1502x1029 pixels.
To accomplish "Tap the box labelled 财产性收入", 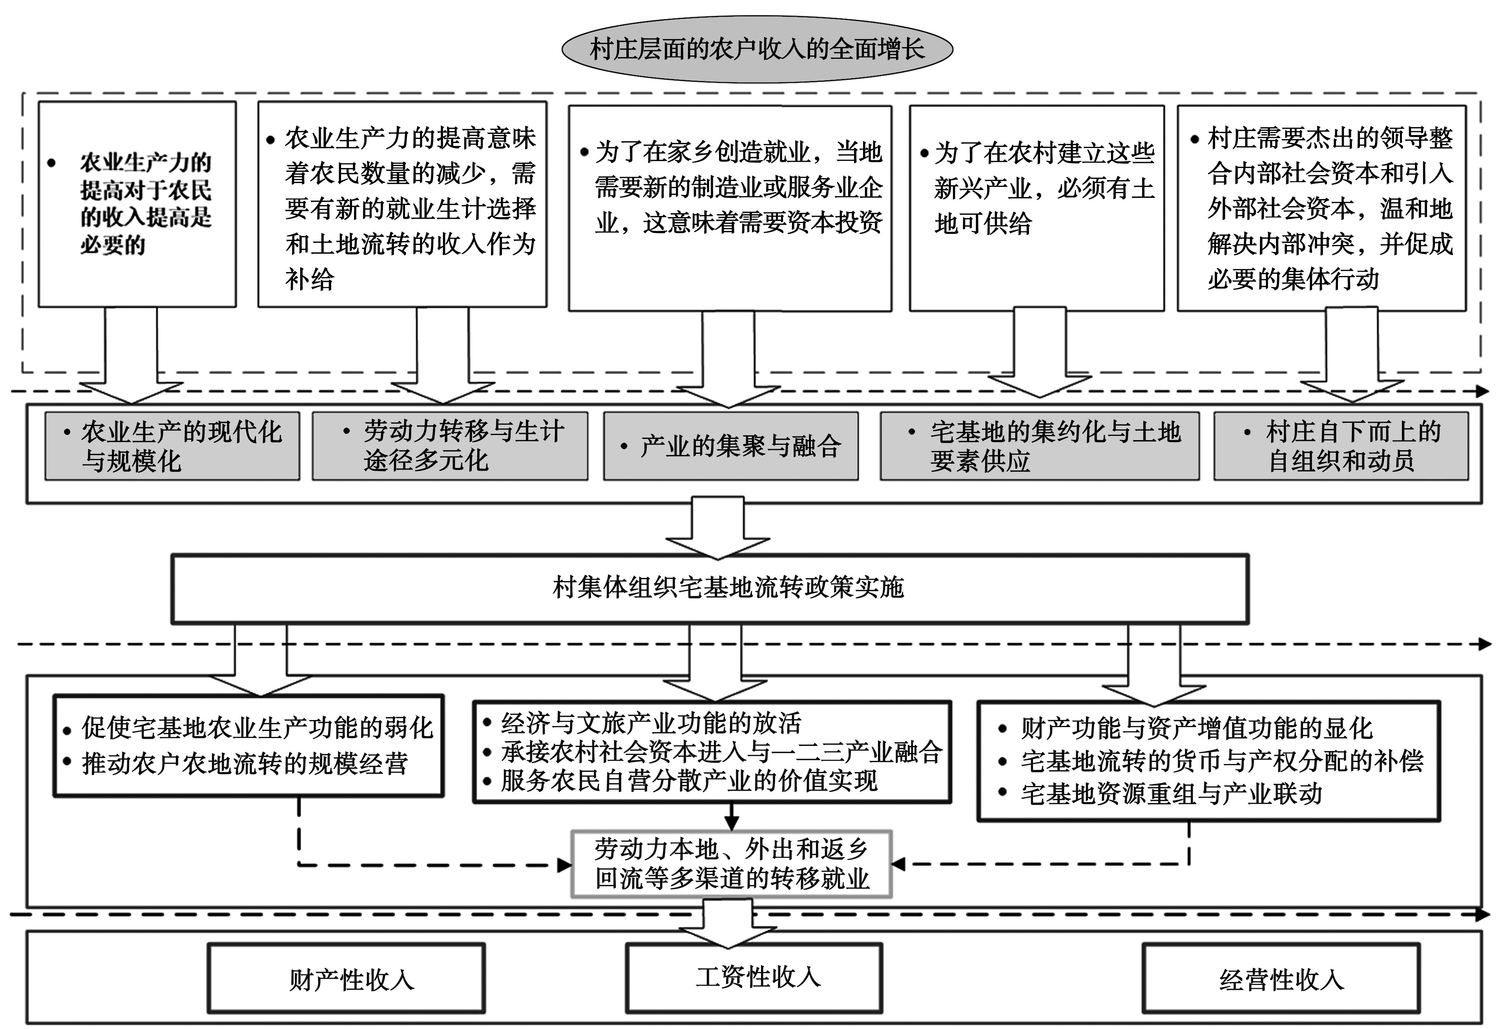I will click(347, 978).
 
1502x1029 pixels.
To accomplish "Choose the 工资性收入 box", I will click(754, 977).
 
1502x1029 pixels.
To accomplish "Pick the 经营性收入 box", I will click(1281, 978).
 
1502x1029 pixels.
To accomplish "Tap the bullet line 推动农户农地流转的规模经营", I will click(244, 763).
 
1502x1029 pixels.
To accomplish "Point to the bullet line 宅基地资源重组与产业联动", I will click(1170, 794).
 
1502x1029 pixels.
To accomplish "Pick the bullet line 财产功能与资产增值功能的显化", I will click(1195, 728).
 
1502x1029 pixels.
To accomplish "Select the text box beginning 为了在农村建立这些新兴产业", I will click(1037, 207).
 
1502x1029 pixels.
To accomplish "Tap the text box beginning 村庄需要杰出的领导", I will click(1321, 207).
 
